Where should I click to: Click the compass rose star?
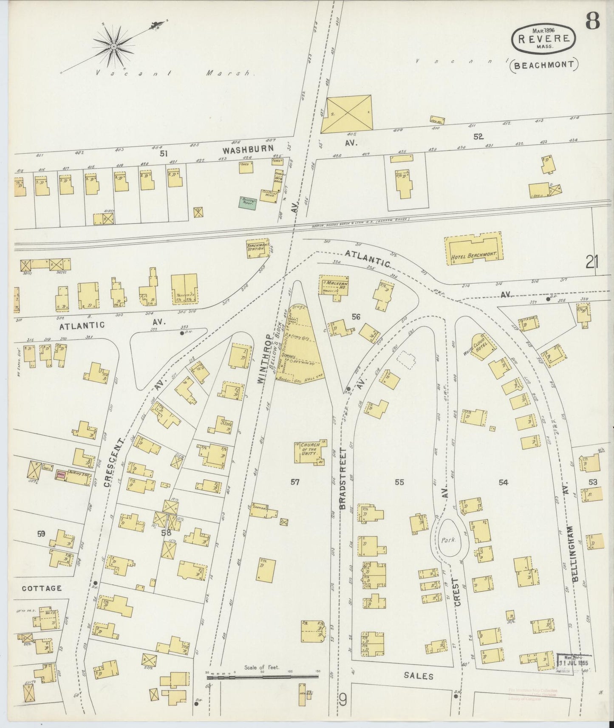pyautogui.click(x=114, y=46)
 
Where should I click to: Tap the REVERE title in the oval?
pyautogui.click(x=544, y=37)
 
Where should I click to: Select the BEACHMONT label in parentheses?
pyautogui.click(x=544, y=65)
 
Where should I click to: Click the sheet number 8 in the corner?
pyautogui.click(x=592, y=20)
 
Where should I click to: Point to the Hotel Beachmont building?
pyautogui.click(x=473, y=251)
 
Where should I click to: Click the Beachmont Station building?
pyautogui.click(x=258, y=249)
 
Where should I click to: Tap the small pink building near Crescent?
pyautogui.click(x=61, y=475)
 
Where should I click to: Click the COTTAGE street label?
pyautogui.click(x=42, y=588)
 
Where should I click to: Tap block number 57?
pyautogui.click(x=295, y=482)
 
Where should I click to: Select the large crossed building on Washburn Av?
pyautogui.click(x=346, y=113)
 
